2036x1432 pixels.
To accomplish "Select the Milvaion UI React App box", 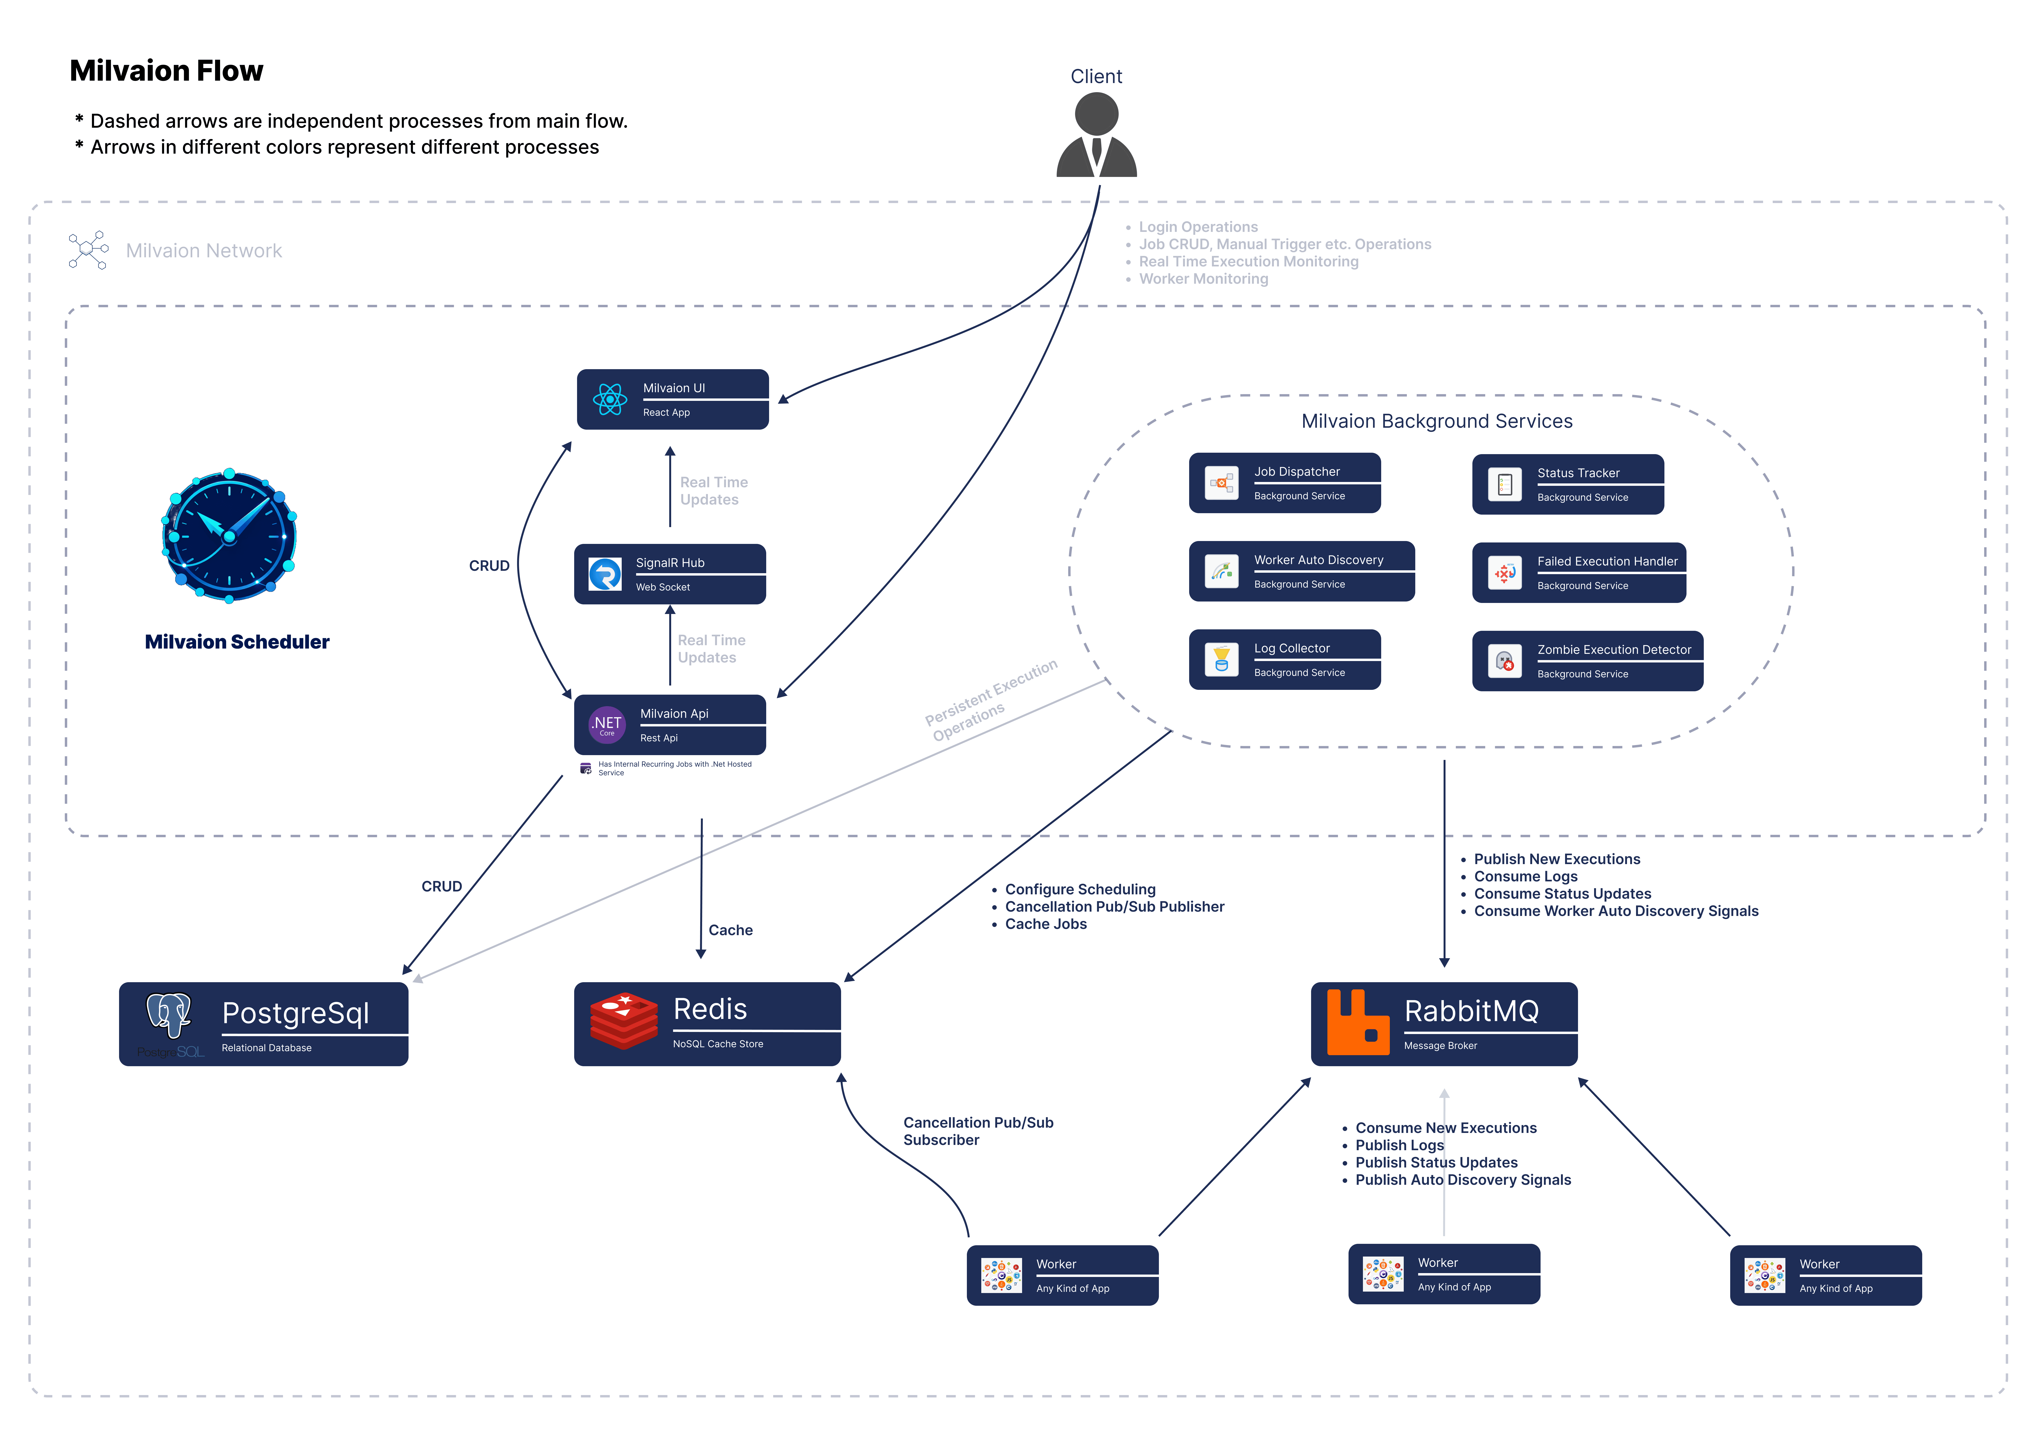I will (x=672, y=399).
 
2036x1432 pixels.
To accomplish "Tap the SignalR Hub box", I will (x=669, y=574).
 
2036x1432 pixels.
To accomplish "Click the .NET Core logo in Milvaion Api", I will (x=607, y=724).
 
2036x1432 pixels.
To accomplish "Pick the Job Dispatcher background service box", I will (x=1284, y=482).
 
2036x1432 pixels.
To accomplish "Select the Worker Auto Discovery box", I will (x=1301, y=571).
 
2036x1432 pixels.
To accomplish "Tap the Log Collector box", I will (x=1284, y=659).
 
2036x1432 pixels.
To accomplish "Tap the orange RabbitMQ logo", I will (x=1357, y=1022).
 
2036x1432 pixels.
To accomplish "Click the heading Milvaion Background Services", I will (x=1437, y=421).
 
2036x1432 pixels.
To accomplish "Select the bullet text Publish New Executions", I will (x=1556, y=859).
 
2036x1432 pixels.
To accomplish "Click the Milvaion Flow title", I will (x=167, y=71).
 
